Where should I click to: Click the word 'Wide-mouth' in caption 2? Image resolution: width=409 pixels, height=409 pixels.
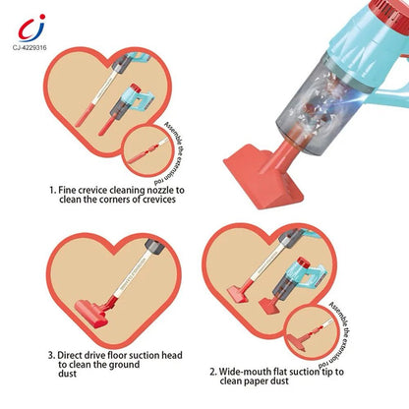[x=261, y=373]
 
